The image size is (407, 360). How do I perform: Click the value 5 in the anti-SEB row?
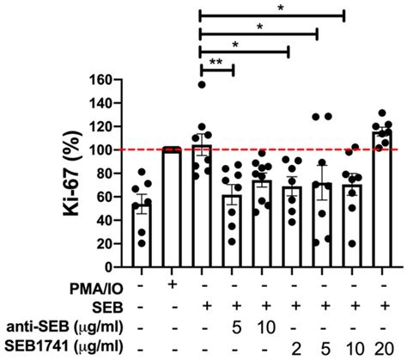coord(231,327)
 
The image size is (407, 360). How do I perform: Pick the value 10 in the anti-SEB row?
coord(261,327)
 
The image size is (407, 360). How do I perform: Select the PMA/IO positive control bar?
coord(173,198)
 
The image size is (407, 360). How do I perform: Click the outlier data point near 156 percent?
coord(202,84)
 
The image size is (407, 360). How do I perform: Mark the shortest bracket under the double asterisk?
coord(216,70)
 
